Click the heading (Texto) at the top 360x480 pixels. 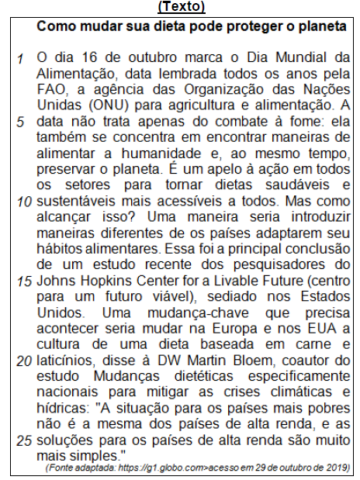click(180, 7)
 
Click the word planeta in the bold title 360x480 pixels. click(321, 26)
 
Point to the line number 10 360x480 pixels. click(21, 201)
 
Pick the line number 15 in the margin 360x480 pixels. click(21, 280)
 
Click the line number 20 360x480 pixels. click(21, 361)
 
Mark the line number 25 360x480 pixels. click(21, 440)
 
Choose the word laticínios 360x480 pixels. click(64, 361)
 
